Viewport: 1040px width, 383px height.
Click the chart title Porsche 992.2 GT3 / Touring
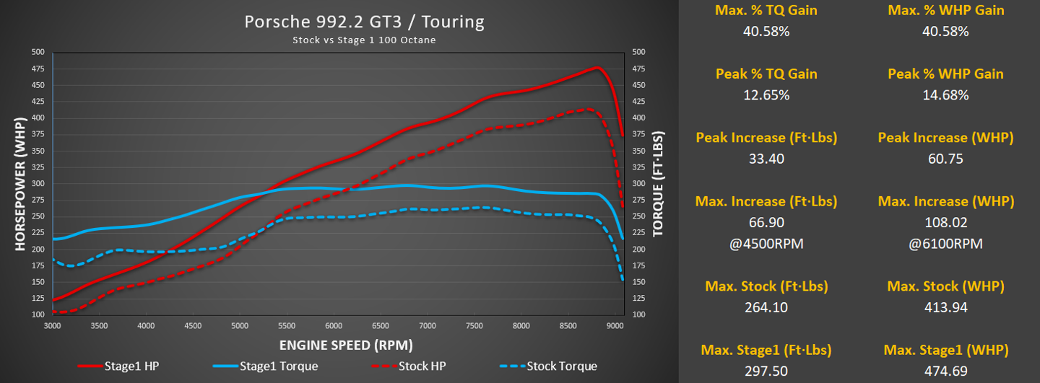point(364,22)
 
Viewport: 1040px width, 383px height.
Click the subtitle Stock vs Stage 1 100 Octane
point(364,40)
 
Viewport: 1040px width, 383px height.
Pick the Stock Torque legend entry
point(562,366)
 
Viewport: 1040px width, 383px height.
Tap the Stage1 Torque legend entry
point(279,366)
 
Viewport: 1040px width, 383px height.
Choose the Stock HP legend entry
point(420,366)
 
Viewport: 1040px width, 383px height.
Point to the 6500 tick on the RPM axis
point(380,325)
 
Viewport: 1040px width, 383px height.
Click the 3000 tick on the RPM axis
point(53,325)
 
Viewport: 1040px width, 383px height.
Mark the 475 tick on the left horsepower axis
point(38,69)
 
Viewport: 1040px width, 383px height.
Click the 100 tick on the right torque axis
point(638,315)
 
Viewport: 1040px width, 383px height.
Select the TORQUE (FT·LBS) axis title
point(658,184)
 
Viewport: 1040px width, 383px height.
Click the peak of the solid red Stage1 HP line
point(597,67)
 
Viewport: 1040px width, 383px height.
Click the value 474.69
point(945,371)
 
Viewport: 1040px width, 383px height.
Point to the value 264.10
point(766,307)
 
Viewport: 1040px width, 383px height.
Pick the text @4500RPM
point(766,244)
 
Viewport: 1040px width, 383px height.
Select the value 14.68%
point(945,95)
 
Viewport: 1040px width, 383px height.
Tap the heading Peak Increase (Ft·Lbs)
point(766,138)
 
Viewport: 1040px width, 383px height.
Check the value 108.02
point(945,223)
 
